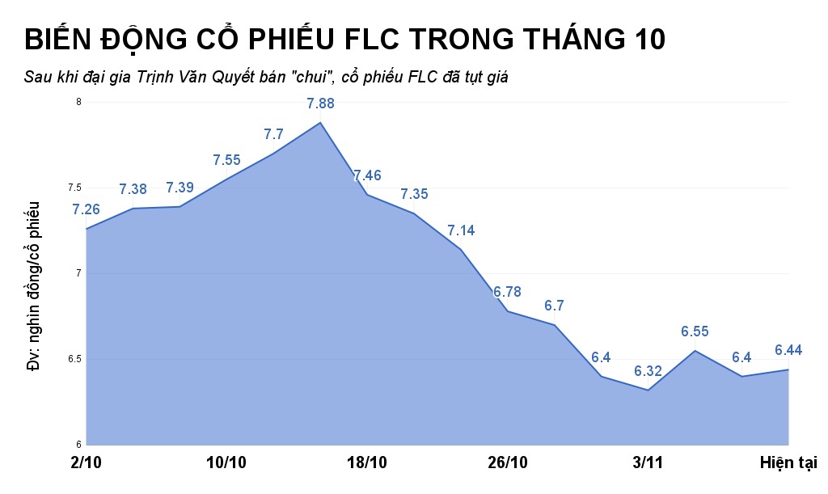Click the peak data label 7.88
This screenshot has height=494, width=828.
pos(320,103)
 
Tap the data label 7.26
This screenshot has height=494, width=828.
pos(86,209)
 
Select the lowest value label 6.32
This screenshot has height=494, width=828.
pos(648,371)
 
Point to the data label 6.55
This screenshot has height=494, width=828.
pos(695,331)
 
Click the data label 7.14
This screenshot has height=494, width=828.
pos(461,230)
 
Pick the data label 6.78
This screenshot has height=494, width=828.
pos(508,291)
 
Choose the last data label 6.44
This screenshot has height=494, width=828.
pos(788,350)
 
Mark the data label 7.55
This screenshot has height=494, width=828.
pos(226,160)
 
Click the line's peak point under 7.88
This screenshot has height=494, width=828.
pos(320,122)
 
